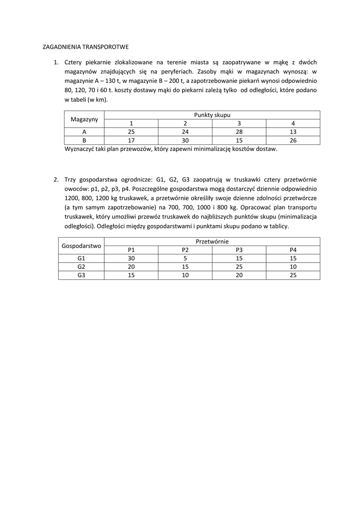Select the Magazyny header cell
click(x=84, y=119)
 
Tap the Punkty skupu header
click(x=212, y=115)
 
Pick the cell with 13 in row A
click(x=293, y=131)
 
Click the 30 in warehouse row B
click(x=185, y=140)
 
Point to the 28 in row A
click(x=239, y=131)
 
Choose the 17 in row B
click(x=131, y=140)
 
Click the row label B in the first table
click(x=84, y=140)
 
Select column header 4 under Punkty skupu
click(x=293, y=123)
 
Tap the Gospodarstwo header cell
click(x=81, y=246)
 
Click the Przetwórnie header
click(x=212, y=241)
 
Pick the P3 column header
click(x=239, y=250)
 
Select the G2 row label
click(x=81, y=267)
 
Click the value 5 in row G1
click(x=185, y=258)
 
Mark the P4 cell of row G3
click(x=293, y=275)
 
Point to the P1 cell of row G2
click(x=131, y=267)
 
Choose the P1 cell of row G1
click(x=131, y=258)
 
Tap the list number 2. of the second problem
click(x=56, y=179)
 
